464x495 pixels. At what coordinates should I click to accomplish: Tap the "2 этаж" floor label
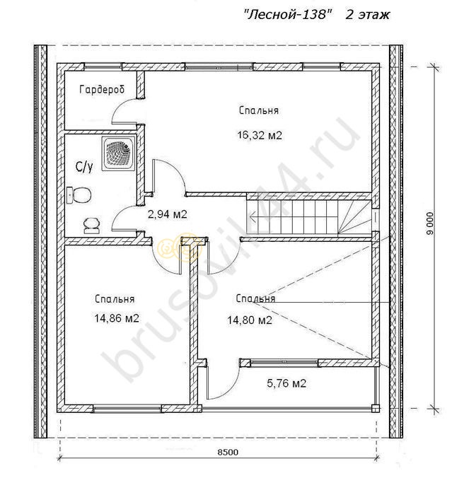click(x=368, y=15)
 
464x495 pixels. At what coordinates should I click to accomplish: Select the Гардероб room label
click(x=102, y=90)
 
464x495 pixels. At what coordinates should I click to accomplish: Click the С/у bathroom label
click(x=84, y=167)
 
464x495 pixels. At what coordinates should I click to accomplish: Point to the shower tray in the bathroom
click(x=119, y=153)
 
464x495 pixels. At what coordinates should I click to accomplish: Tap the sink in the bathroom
click(x=92, y=226)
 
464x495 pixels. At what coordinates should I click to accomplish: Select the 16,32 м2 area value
click(x=260, y=136)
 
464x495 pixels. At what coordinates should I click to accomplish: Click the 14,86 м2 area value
click(x=117, y=318)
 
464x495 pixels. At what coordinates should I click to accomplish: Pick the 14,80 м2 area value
click(x=250, y=320)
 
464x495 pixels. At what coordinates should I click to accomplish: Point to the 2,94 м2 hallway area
click(x=168, y=214)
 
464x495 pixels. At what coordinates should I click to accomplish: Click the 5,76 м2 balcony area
click(x=286, y=383)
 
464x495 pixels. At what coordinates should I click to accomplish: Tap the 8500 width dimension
click(x=228, y=453)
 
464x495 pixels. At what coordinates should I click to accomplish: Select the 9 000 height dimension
click(x=429, y=223)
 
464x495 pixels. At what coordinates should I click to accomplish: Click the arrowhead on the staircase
click(x=252, y=217)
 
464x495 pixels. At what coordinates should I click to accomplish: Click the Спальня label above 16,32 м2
click(x=259, y=111)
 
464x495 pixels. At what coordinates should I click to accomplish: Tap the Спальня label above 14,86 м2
click(x=115, y=299)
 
